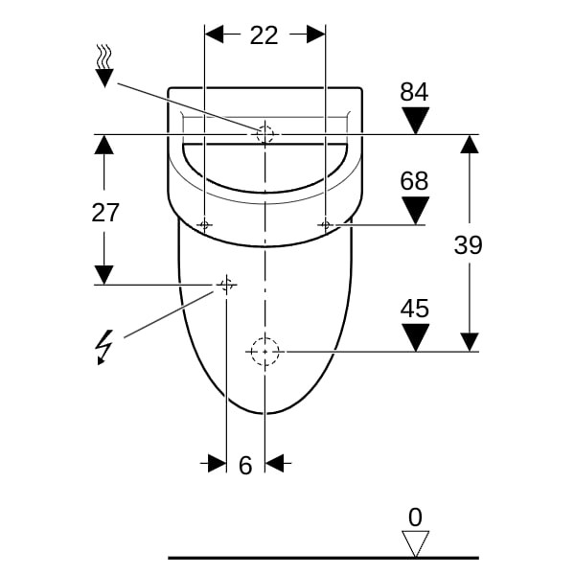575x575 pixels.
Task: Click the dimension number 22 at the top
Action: [x=264, y=35]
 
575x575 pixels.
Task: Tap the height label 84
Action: [x=414, y=92]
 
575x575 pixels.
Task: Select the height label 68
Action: [x=414, y=181]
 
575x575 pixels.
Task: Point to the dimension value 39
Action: [x=469, y=244]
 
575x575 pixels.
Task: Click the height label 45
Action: [x=414, y=309]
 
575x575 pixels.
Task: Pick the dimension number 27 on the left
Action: [x=105, y=213]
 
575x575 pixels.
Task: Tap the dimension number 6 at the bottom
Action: [x=245, y=466]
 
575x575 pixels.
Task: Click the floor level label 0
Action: [x=415, y=517]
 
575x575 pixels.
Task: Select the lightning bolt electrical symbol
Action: [x=104, y=347]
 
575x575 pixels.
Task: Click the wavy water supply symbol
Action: [x=104, y=66]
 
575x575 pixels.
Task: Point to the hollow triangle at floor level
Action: [x=415, y=543]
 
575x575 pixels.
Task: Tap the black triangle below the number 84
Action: [x=416, y=121]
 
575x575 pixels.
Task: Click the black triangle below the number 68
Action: [x=416, y=210]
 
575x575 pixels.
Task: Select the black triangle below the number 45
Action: [x=416, y=337]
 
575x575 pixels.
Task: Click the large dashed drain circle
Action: [x=265, y=337]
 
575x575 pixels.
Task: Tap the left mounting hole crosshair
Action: [x=205, y=224]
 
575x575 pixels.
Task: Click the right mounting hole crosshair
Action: [x=325, y=224]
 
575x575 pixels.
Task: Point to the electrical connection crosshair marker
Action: [x=226, y=285]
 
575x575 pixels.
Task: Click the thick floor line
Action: [x=324, y=558]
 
